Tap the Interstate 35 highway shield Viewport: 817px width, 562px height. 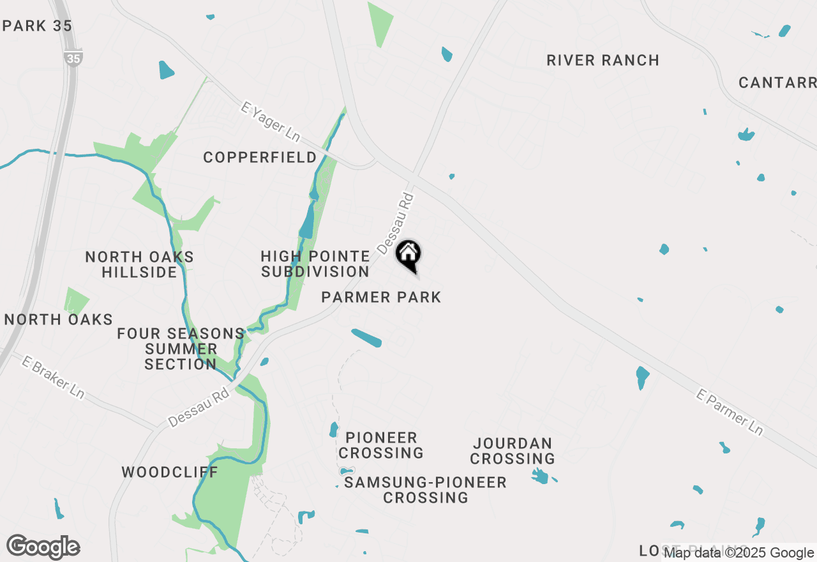tap(73, 57)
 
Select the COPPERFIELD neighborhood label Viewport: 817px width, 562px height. tap(260, 157)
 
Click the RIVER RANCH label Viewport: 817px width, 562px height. tap(603, 61)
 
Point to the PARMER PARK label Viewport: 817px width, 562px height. tap(381, 297)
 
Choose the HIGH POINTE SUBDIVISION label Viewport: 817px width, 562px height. tap(315, 264)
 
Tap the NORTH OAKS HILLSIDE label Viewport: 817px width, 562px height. tap(139, 264)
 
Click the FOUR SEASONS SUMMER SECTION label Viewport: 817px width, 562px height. tap(181, 349)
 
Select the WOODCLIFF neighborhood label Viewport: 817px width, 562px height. tap(170, 473)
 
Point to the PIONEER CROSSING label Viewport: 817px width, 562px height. tap(381, 445)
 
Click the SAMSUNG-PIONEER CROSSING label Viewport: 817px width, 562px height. tap(426, 490)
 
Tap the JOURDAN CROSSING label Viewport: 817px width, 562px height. tap(513, 451)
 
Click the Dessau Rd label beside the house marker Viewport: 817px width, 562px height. tap(396, 224)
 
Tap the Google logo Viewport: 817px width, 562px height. tap(43, 547)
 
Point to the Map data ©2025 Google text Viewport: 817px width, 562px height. tap(738, 553)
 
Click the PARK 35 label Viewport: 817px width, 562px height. tap(38, 26)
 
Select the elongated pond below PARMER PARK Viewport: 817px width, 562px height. tap(366, 338)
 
